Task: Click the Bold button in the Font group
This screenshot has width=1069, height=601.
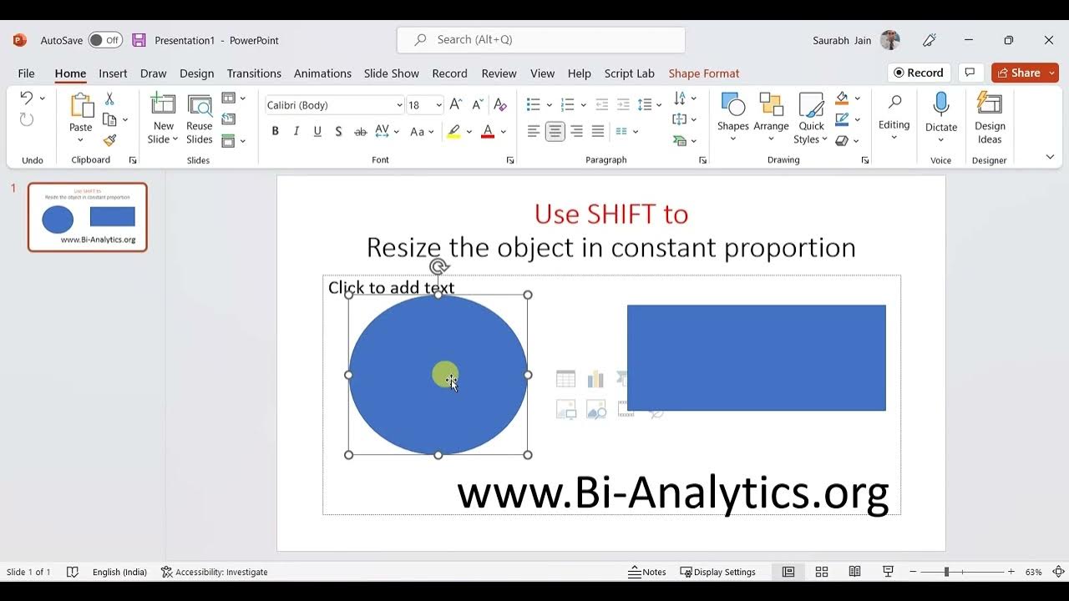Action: (x=275, y=131)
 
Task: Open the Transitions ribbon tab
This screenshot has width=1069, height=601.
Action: (x=254, y=73)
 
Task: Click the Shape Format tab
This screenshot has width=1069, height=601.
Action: (x=703, y=73)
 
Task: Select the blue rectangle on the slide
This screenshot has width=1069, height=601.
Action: (x=756, y=357)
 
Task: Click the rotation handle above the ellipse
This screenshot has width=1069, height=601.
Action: (x=439, y=267)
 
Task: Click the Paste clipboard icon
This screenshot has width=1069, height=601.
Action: (x=81, y=107)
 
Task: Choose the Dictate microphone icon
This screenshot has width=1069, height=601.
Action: (x=941, y=105)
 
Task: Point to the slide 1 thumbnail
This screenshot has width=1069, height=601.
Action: (x=88, y=217)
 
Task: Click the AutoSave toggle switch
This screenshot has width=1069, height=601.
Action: (x=105, y=40)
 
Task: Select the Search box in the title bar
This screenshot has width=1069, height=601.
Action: (x=541, y=39)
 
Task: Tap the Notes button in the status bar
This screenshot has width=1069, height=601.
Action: (x=647, y=572)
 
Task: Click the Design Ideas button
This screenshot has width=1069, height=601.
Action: (x=990, y=117)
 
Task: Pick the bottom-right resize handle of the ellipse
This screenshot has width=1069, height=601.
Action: (x=528, y=455)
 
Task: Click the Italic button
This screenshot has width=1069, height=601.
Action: (x=296, y=131)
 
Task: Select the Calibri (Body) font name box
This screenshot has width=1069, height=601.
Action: (x=330, y=105)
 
